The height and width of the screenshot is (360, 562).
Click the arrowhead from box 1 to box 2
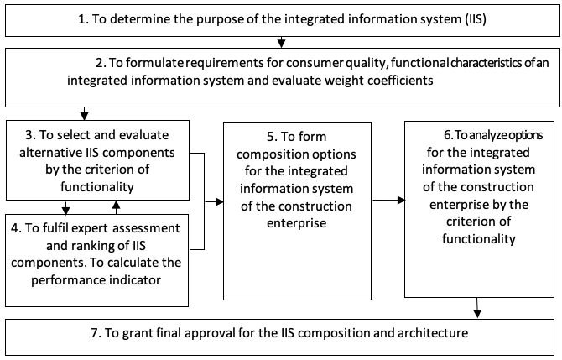click(x=281, y=43)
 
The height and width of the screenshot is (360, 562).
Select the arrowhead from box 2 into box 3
click(x=84, y=116)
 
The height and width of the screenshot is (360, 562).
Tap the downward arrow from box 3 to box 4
click(x=65, y=207)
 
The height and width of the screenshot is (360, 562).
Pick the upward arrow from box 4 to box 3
click(x=116, y=207)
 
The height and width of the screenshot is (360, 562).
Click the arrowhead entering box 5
click(x=219, y=201)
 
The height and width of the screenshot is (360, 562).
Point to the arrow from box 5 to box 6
click(x=389, y=200)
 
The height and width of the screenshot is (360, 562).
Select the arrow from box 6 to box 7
click(x=476, y=308)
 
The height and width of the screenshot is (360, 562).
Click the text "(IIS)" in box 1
click(x=476, y=18)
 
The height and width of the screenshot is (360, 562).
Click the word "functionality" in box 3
click(x=97, y=187)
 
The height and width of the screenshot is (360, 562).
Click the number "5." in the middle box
click(x=272, y=137)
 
